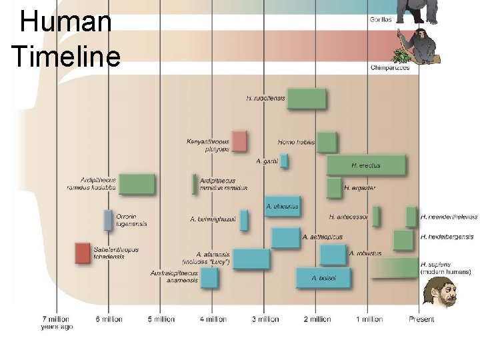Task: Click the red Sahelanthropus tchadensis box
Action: [82, 253]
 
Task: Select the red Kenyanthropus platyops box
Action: [239, 141]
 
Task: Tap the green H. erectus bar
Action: [366, 165]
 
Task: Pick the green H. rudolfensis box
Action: [307, 99]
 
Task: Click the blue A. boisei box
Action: [323, 277]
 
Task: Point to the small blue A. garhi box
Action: [284, 161]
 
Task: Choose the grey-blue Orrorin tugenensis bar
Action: [108, 220]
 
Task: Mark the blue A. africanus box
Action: [283, 207]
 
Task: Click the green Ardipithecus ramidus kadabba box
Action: [137, 183]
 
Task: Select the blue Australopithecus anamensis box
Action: [209, 277]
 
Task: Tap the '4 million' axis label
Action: [213, 319]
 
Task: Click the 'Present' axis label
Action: [421, 319]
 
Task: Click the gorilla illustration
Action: [417, 11]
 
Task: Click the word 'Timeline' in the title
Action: [66, 56]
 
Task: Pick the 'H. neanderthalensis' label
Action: [449, 217]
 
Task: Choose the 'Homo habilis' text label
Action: [296, 142]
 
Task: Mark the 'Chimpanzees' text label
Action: [389, 67]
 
